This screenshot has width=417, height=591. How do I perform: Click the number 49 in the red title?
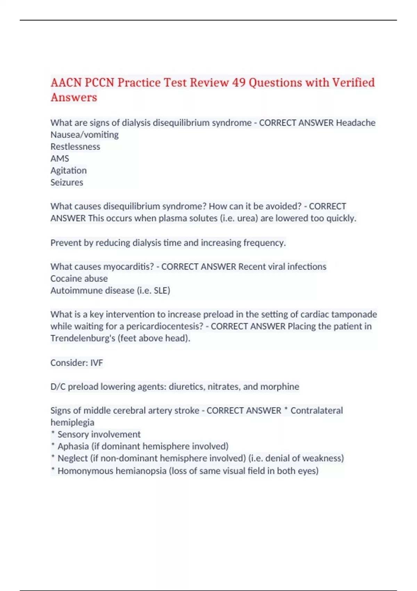239,83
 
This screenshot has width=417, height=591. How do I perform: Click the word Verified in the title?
353,83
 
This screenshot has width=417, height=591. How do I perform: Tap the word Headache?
355,123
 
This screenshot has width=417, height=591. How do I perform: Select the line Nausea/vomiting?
84,135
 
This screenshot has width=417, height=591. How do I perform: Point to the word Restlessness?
75,147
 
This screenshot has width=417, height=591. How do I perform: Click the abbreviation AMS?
60,159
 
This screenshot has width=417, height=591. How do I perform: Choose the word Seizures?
67,183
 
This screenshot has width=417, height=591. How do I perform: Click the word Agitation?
68,170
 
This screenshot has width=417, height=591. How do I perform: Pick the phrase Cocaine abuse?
79,278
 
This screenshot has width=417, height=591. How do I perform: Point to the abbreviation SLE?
161,290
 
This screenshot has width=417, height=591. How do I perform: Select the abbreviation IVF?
97,363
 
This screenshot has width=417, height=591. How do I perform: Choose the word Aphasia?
73,446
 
